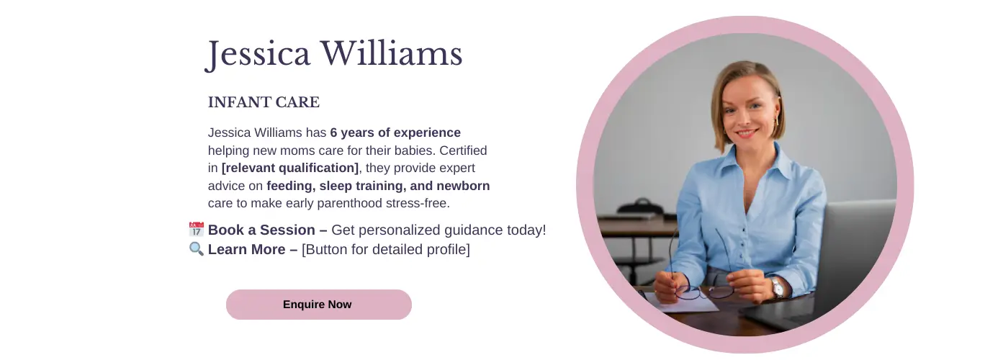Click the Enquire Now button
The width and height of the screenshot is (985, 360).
[x=319, y=304]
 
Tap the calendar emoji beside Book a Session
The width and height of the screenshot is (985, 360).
[x=196, y=230]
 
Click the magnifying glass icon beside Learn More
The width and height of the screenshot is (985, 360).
[x=196, y=249]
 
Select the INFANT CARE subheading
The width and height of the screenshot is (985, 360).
[x=264, y=102]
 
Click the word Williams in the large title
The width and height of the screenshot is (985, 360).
[x=392, y=53]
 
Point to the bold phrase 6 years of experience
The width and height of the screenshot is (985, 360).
[x=395, y=132]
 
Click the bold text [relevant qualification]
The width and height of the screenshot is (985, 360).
[x=290, y=168]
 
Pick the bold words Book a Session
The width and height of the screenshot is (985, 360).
[x=261, y=230]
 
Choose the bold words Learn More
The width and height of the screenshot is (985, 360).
[x=247, y=249]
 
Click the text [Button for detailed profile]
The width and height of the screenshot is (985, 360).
[x=386, y=249]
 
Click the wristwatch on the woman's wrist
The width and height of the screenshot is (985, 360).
[x=777, y=287]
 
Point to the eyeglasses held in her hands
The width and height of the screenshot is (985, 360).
[x=703, y=273]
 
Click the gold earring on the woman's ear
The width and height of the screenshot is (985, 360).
[x=777, y=118]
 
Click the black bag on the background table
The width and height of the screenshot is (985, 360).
[x=641, y=208]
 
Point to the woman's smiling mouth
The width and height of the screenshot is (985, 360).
[x=747, y=132]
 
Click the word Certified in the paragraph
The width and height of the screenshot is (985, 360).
[x=463, y=150]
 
